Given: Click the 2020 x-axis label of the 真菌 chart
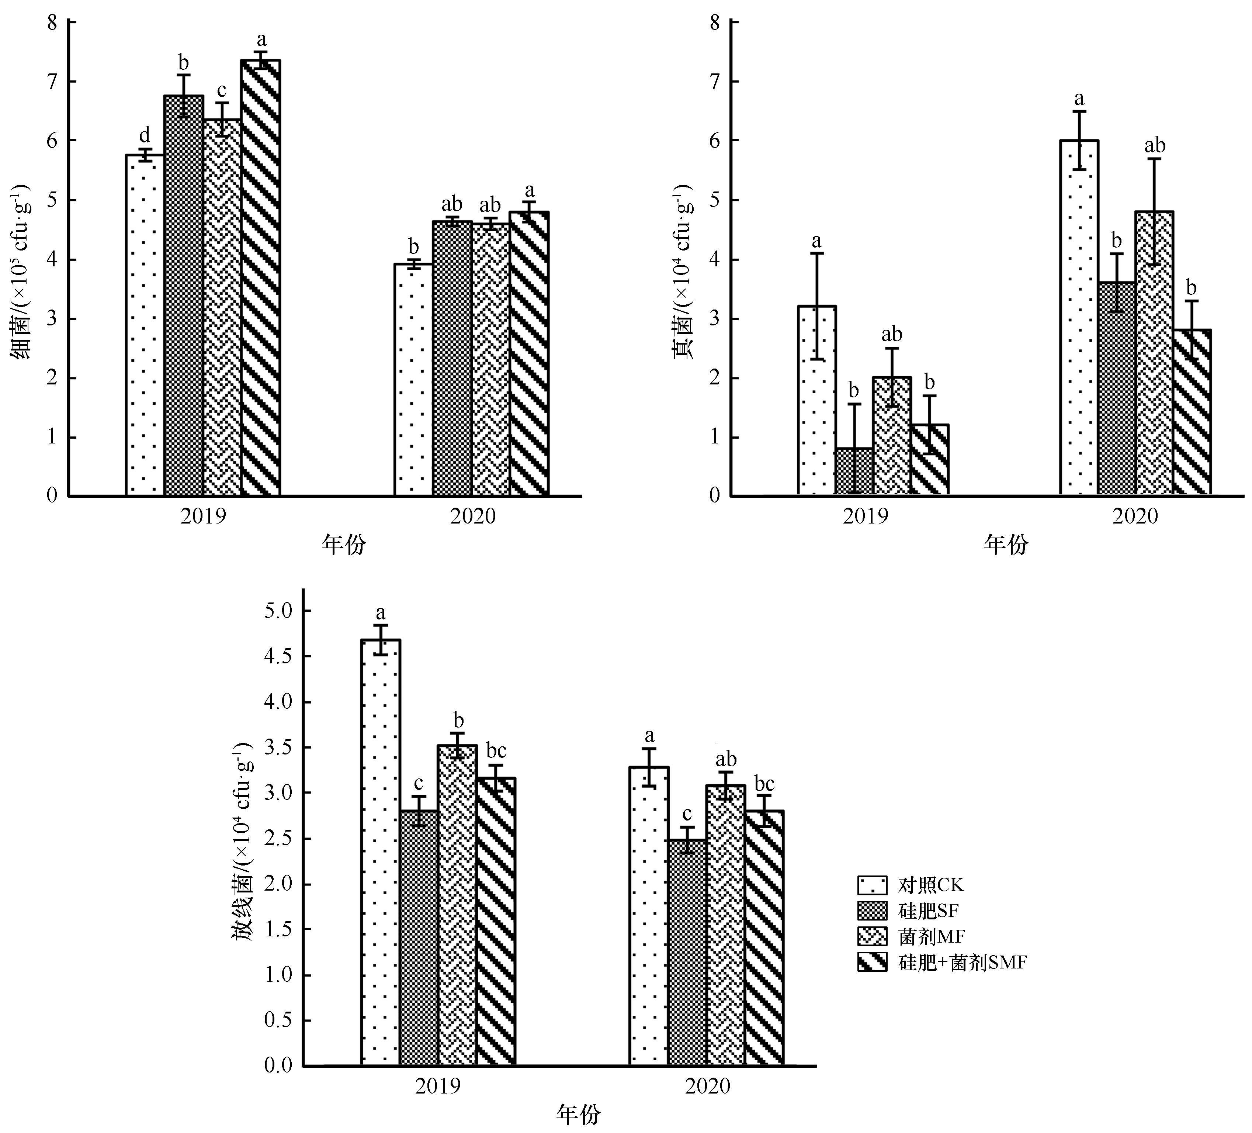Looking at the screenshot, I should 1135,516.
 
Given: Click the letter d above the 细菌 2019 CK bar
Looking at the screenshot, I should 144,135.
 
